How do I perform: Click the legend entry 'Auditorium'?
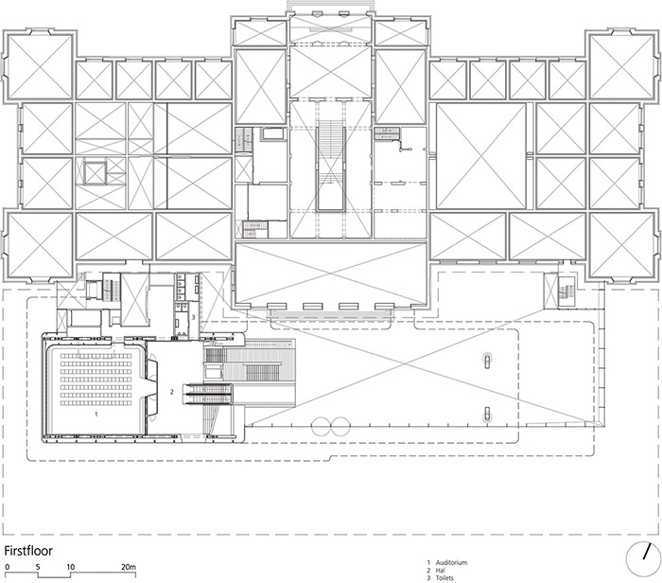point(451,562)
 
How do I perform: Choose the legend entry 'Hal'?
point(444,570)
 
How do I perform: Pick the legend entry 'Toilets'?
point(447,577)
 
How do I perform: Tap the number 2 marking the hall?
point(171,390)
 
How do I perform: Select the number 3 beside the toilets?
point(193,319)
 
